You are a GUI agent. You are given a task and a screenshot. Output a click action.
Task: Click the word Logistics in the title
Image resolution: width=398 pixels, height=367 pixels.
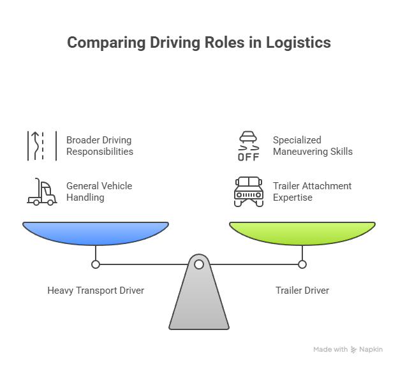298,43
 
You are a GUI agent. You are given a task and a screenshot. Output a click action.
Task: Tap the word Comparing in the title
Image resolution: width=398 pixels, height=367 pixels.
107,43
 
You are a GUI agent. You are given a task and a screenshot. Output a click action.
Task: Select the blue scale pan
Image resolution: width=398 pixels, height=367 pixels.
96,233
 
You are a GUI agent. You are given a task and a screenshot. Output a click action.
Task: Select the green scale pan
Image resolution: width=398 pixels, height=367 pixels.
302,233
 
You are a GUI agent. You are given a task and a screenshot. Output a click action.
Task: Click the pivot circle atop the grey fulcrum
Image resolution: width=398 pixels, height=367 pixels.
199,264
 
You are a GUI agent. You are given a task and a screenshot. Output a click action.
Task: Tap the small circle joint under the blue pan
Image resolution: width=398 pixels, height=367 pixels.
96,264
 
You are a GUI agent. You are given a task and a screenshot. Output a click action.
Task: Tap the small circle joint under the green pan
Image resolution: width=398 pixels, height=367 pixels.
302,264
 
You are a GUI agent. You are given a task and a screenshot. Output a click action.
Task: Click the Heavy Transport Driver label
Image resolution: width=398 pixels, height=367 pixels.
96,291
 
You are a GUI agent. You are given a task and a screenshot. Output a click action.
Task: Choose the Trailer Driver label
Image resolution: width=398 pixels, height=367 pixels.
302,291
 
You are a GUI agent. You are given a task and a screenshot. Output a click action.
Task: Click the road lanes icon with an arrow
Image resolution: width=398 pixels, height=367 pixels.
42,146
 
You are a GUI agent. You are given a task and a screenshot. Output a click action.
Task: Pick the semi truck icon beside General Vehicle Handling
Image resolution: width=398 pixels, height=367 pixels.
42,192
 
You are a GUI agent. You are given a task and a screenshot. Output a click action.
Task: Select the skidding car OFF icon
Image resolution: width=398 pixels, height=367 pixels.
249,146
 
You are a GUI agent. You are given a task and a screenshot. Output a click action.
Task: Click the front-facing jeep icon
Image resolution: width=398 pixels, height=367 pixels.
249,192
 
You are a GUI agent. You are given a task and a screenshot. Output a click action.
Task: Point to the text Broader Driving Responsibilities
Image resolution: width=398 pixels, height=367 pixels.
99,146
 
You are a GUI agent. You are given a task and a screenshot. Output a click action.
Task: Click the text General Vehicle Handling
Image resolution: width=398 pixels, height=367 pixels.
99,192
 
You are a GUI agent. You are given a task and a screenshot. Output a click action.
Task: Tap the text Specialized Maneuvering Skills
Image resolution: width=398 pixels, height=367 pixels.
313,146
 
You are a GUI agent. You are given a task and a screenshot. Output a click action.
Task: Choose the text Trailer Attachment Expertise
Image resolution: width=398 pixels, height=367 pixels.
312,192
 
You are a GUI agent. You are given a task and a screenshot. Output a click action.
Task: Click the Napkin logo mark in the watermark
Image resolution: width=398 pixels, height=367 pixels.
353,350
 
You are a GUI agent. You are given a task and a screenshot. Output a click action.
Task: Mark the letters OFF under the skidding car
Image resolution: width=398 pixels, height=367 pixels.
249,157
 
